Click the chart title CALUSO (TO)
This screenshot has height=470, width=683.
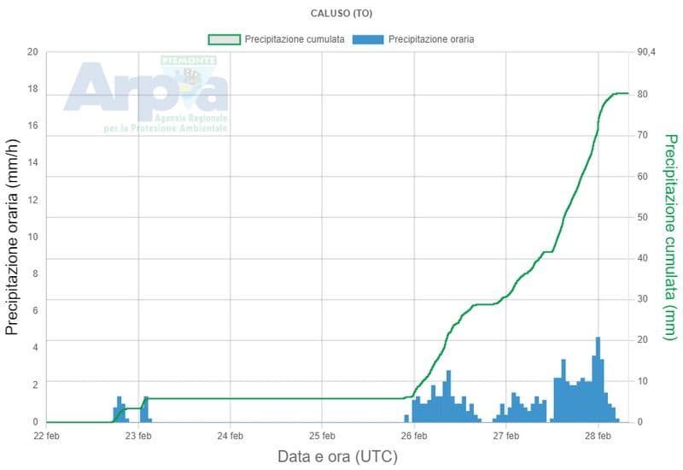(341, 14)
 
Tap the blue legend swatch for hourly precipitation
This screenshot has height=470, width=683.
(369, 39)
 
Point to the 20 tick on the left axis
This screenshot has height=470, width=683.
(32, 52)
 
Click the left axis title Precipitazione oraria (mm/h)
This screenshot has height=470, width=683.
(13, 238)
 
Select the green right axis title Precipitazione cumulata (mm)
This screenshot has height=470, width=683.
(670, 238)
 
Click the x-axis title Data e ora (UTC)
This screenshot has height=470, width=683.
(337, 456)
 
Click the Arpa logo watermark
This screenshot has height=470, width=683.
(145, 94)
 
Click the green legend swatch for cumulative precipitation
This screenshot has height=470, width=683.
(225, 39)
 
